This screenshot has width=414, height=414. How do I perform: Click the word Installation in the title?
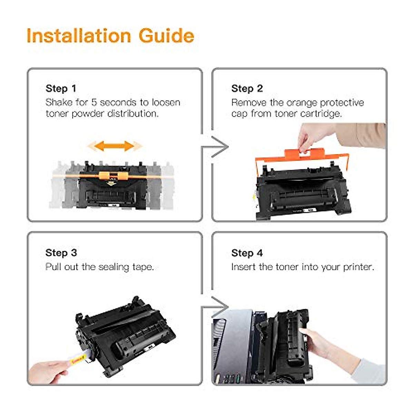(79, 36)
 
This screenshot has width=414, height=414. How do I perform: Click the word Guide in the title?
(166, 36)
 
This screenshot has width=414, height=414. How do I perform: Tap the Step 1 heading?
(61, 89)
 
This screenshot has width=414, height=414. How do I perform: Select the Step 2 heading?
(247, 89)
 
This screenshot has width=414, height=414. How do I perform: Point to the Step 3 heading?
(61, 253)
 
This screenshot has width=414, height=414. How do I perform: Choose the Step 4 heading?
(247, 253)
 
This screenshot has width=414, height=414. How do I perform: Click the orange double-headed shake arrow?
(114, 146)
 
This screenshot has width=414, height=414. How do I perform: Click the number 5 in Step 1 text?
(94, 102)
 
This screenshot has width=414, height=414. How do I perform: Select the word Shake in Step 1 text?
(59, 102)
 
